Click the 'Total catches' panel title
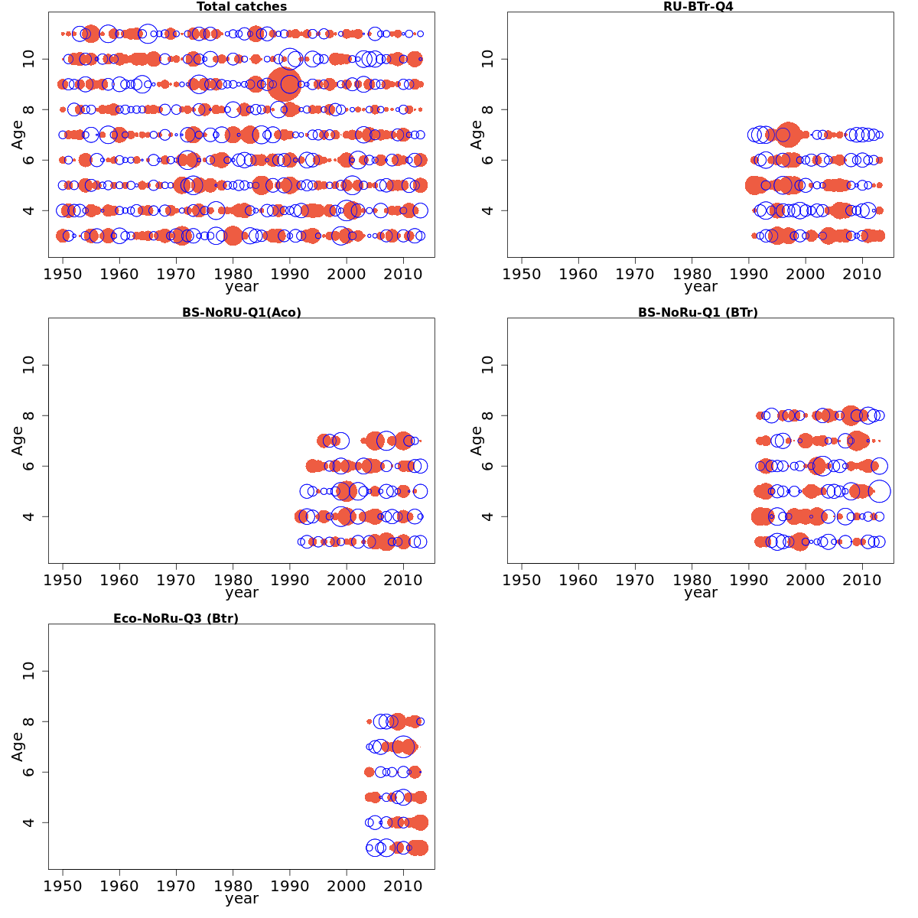click(242, 7)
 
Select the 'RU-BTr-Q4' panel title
click(698, 7)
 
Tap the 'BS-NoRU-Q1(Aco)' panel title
click(242, 312)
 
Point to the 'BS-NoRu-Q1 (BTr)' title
click(698, 312)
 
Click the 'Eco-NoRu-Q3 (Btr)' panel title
click(176, 618)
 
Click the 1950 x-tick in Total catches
click(63, 273)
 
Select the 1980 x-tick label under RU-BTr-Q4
click(692, 273)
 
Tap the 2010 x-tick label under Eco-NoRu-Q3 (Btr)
click(403, 885)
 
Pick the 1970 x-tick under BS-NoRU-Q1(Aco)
click(176, 579)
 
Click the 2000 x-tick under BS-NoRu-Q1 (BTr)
click(806, 579)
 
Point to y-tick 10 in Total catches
click(30, 59)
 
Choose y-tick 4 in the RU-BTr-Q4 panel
click(489, 210)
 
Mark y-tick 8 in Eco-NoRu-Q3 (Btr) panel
click(30, 721)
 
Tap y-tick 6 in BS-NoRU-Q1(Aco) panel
click(30, 466)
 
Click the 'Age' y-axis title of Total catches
click(18, 135)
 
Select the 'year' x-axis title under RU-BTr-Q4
click(701, 287)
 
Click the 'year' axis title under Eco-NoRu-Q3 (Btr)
click(242, 898)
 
